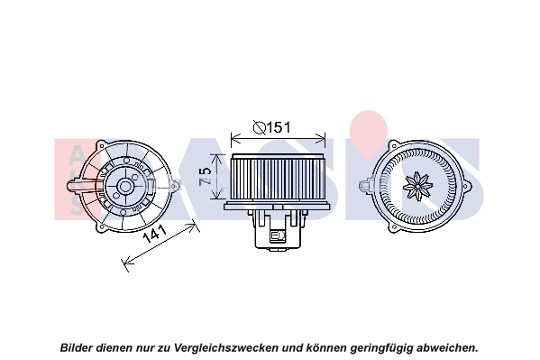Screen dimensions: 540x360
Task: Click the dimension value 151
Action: (279, 127)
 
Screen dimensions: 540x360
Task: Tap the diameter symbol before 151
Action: (260, 127)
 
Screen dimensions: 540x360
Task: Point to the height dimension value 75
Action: (205, 177)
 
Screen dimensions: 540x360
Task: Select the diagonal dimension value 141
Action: (154, 234)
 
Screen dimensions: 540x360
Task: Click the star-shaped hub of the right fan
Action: (417, 186)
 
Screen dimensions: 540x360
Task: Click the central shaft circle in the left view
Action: (124, 186)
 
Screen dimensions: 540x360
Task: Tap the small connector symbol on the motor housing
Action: (279, 235)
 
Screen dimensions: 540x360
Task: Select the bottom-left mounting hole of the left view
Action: (101, 227)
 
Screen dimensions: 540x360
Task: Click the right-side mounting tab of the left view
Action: (176, 186)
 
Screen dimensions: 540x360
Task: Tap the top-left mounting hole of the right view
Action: (393, 145)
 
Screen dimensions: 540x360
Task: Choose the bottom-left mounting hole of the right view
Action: (393, 227)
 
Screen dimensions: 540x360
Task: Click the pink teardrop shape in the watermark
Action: (368, 134)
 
